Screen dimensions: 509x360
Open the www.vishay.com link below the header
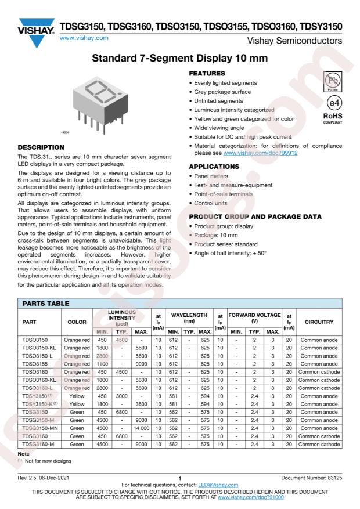(x=84, y=38)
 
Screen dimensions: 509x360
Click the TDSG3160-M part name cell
(x=41, y=445)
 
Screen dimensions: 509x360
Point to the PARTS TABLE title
(x=46, y=303)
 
